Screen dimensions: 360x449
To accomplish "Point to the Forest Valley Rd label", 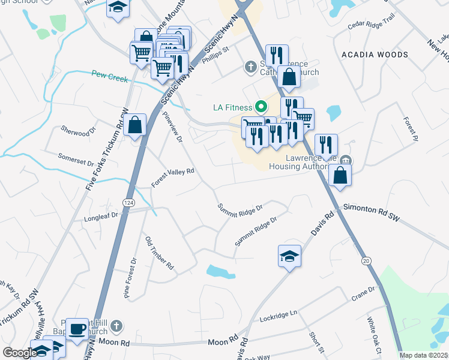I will coord(173,178).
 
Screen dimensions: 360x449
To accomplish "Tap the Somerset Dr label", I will coord(76,158).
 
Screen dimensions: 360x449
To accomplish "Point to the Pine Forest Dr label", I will coord(130,277).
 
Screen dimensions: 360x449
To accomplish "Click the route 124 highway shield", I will coord(128,203).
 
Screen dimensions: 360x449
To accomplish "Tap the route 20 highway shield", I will coord(365,261).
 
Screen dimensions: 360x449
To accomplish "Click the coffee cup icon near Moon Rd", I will coord(77,329).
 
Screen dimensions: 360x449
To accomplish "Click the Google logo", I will coord(20,353).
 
